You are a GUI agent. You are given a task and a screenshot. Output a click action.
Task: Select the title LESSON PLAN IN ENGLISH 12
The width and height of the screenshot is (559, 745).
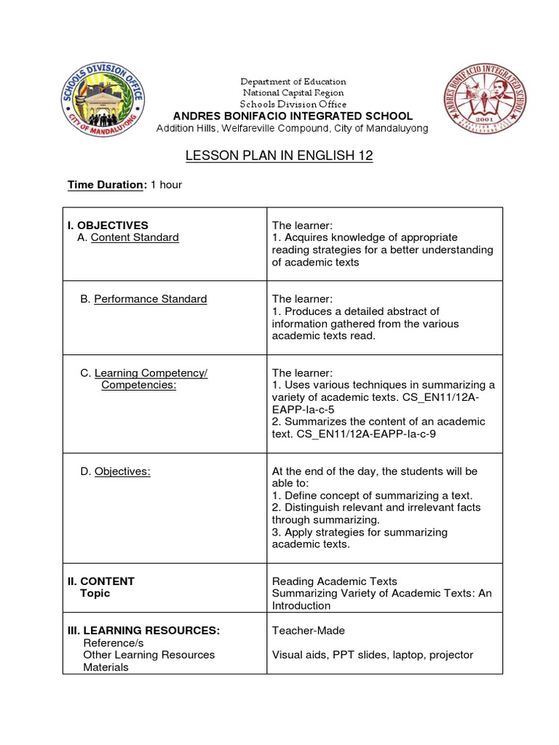tap(279, 156)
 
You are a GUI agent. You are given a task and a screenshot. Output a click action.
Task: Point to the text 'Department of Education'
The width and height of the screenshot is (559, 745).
tap(293, 81)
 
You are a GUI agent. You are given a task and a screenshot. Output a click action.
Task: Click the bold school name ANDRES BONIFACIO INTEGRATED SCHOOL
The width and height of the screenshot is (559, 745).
tap(292, 116)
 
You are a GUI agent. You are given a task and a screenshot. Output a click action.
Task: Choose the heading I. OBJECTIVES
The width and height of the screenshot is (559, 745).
tap(108, 226)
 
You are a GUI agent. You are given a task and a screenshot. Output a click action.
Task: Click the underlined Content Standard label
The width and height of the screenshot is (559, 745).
tap(135, 237)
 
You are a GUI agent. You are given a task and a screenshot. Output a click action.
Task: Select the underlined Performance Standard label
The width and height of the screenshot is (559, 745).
tap(150, 299)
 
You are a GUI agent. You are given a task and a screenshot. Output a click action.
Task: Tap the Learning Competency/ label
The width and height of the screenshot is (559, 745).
tap(151, 373)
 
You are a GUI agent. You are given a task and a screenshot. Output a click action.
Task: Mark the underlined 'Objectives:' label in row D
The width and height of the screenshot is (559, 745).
tap(122, 471)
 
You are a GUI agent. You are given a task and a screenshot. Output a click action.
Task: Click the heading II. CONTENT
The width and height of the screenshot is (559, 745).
tap(101, 581)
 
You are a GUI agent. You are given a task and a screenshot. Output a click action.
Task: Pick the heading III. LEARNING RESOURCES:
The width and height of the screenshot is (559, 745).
tap(143, 631)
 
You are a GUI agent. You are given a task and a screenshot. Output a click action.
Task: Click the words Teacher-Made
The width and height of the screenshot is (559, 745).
tap(309, 631)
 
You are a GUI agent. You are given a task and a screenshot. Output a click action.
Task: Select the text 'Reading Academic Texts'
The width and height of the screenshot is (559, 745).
tap(335, 581)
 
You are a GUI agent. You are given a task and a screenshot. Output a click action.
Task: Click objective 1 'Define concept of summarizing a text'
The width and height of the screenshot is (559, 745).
tap(372, 495)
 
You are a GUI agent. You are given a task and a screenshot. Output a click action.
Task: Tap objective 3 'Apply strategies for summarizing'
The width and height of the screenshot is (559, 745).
tap(360, 533)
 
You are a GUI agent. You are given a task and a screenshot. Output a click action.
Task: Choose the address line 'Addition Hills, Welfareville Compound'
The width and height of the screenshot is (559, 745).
tap(293, 129)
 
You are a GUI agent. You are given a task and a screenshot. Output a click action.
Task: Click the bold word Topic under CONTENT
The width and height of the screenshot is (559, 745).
tap(95, 594)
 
